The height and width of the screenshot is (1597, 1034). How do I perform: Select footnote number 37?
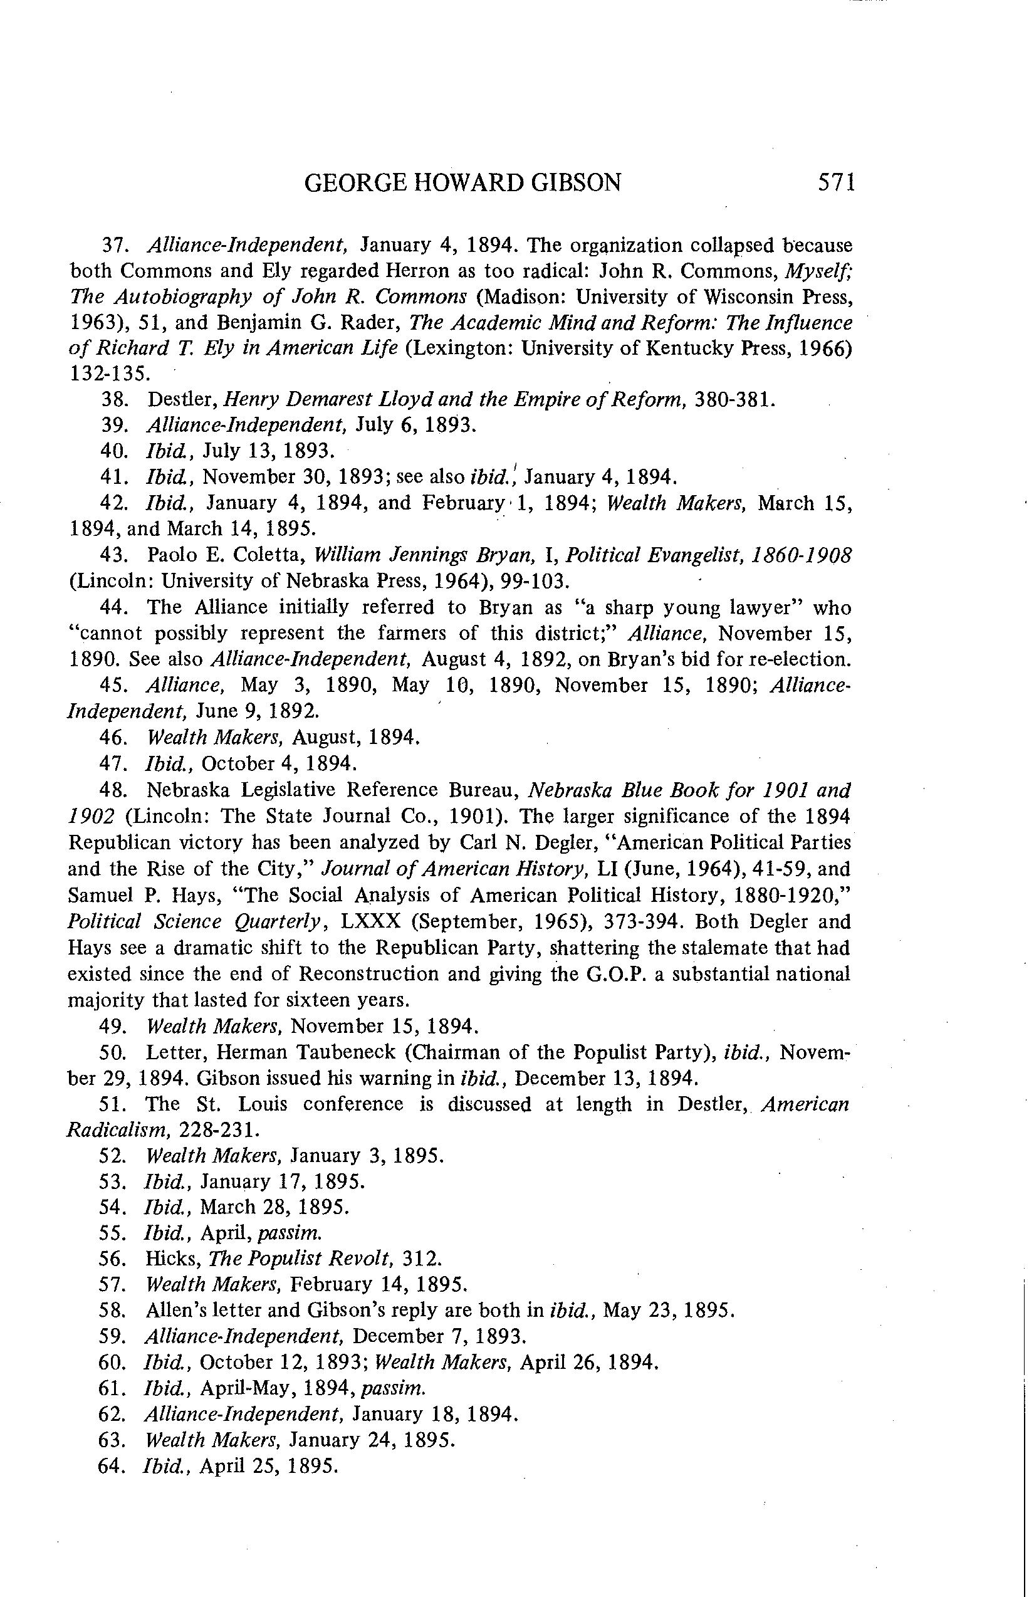[x=115, y=246]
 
